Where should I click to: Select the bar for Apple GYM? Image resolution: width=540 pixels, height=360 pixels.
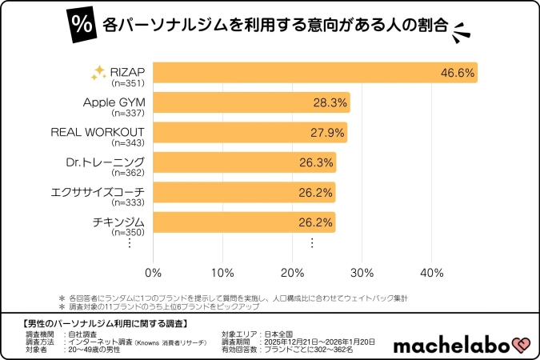pyautogui.click(x=251, y=102)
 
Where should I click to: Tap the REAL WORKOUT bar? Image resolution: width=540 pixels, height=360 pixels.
pyautogui.click(x=250, y=132)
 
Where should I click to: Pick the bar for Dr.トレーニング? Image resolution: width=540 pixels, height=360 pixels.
pyautogui.click(x=244, y=162)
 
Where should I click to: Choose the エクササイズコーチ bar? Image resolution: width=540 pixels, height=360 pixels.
pyautogui.click(x=244, y=192)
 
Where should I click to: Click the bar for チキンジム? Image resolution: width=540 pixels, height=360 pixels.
pyautogui.click(x=244, y=222)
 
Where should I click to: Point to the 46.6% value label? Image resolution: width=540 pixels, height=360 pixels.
pyautogui.click(x=457, y=74)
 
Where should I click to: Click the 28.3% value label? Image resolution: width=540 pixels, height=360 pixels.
pyautogui.click(x=330, y=103)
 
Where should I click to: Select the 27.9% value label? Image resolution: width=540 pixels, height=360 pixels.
pyautogui.click(x=327, y=133)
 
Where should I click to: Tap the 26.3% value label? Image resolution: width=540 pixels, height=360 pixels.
pyautogui.click(x=316, y=163)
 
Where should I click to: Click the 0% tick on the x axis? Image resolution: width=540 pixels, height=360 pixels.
pyautogui.click(x=153, y=273)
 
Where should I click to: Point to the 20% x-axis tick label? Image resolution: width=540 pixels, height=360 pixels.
pyautogui.click(x=292, y=273)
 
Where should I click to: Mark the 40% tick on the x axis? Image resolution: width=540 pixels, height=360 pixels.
pyautogui.click(x=432, y=273)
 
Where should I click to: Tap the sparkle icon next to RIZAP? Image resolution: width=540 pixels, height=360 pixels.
pyautogui.click(x=98, y=73)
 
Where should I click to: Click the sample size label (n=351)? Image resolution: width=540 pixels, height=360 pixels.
pyautogui.click(x=128, y=82)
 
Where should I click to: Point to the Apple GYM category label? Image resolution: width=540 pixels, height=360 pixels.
pyautogui.click(x=114, y=102)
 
